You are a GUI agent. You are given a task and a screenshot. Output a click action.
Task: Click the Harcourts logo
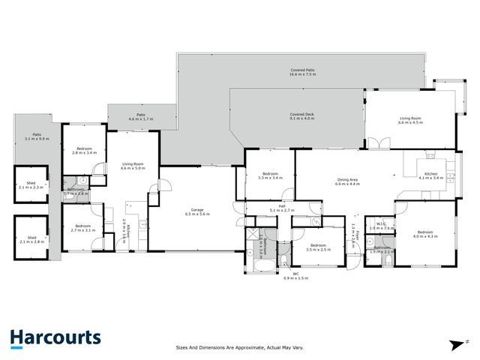click(56, 339)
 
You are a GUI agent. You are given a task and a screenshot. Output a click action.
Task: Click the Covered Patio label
click(301, 71)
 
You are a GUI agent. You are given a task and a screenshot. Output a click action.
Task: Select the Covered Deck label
click(301, 116)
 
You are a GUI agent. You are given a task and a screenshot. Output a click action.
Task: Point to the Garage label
click(197, 211)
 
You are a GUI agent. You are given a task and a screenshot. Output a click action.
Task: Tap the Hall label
click(282, 208)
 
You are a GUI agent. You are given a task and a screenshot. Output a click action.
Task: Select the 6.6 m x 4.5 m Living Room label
click(411, 120)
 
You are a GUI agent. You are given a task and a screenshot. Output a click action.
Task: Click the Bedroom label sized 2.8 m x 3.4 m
click(84, 151)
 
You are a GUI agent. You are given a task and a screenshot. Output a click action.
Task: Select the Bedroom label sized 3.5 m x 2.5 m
click(318, 247)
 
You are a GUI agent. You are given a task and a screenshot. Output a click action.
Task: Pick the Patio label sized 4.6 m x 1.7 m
click(140, 116)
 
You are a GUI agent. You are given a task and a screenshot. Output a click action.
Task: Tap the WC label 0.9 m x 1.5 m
click(295, 275)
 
